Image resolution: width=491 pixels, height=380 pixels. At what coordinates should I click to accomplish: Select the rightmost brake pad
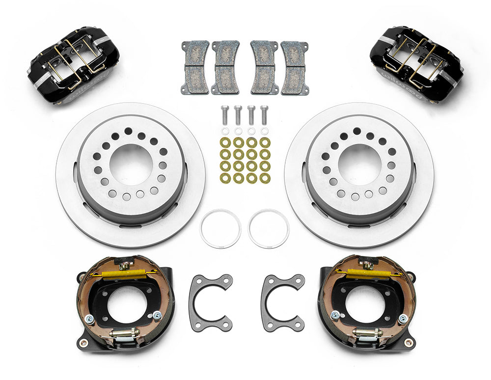[x=295, y=67]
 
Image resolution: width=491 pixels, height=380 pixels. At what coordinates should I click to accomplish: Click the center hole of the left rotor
[x=131, y=164]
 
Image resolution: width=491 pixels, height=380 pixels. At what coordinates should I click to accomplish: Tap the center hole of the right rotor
[x=359, y=164]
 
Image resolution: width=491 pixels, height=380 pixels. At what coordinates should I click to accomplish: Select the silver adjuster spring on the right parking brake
[x=367, y=334]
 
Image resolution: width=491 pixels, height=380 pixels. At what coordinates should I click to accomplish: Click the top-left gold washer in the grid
[x=225, y=142]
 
